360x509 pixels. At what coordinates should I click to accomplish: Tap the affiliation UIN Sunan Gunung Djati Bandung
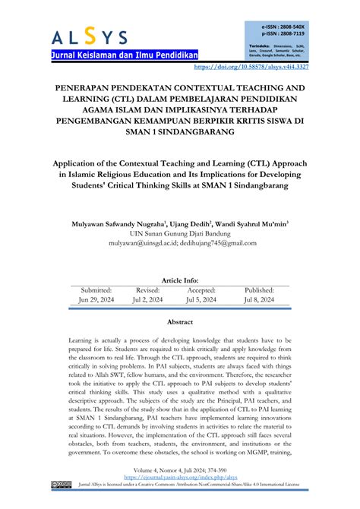click(x=180, y=234)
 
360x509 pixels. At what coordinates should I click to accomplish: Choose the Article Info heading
click(x=179, y=280)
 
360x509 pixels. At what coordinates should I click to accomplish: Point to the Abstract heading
click(x=179, y=322)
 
